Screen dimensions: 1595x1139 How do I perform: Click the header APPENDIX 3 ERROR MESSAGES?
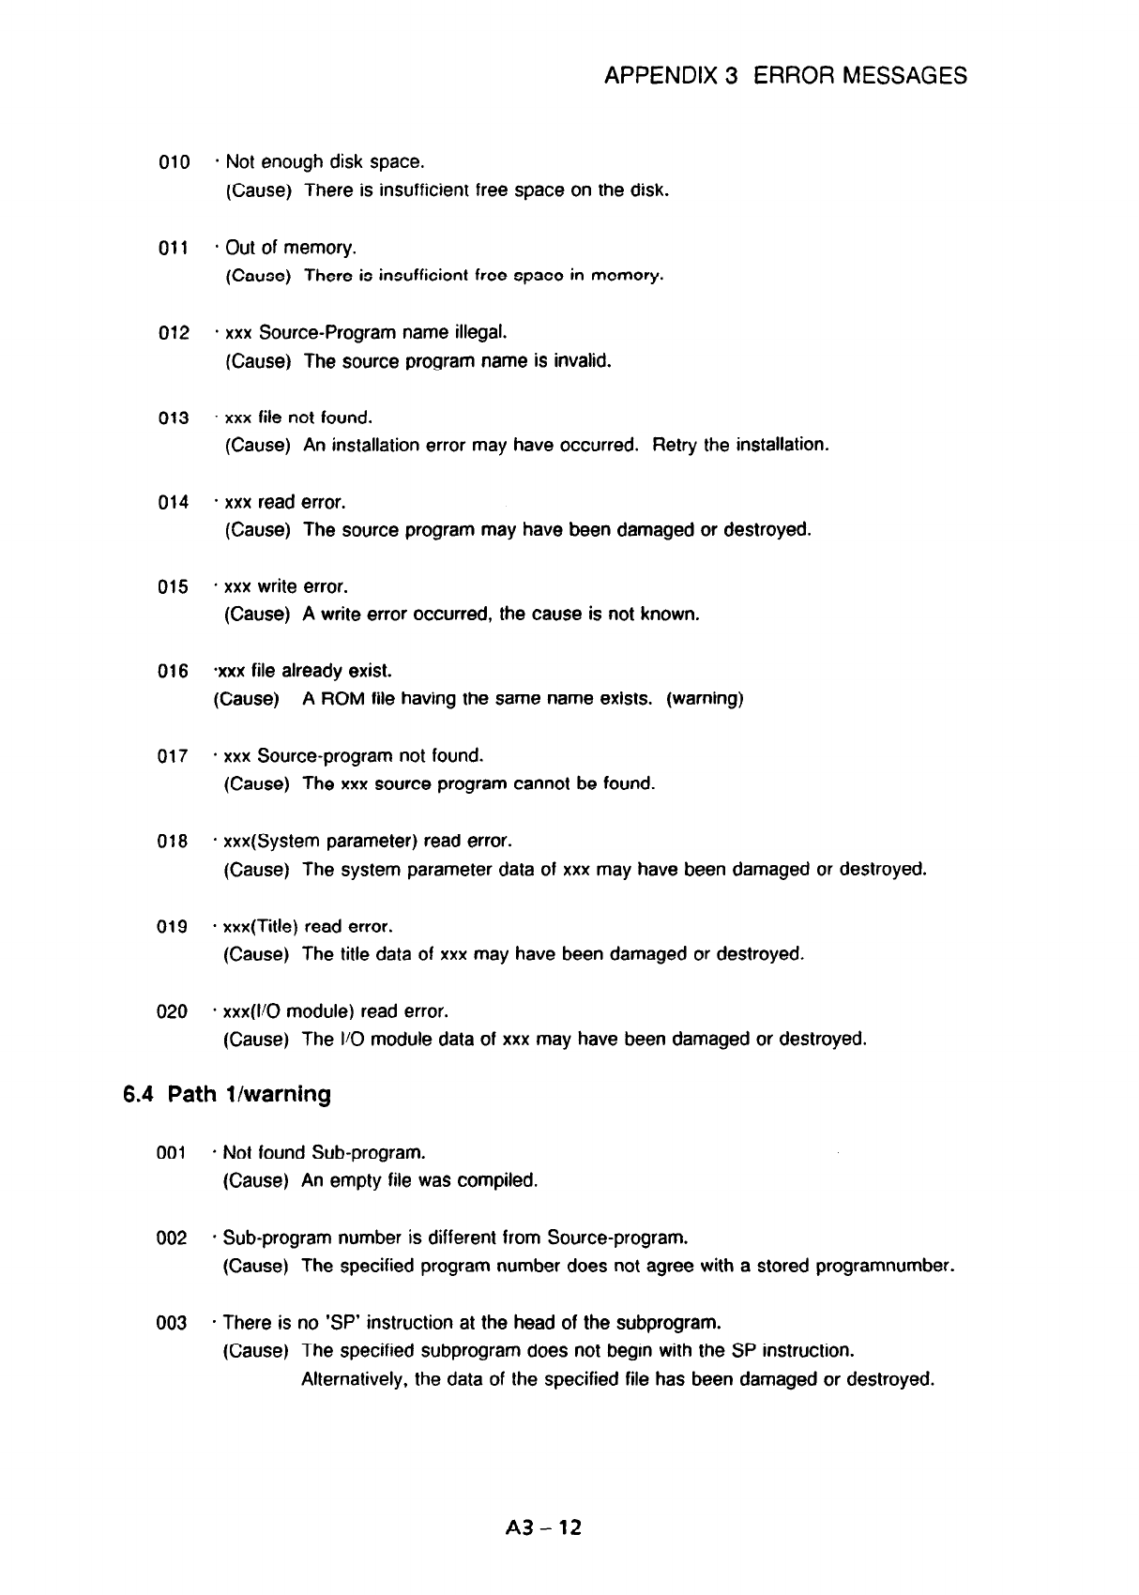coord(785,75)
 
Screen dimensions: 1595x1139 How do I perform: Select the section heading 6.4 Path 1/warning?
coord(228,1094)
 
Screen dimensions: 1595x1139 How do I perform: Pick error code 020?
coord(174,1012)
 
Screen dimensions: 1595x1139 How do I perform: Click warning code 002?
coord(173,1238)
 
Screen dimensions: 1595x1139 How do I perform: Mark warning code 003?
coord(173,1324)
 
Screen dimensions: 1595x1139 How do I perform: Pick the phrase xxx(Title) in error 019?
coord(261,927)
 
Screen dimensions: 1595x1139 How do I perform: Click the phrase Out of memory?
coord(291,248)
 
